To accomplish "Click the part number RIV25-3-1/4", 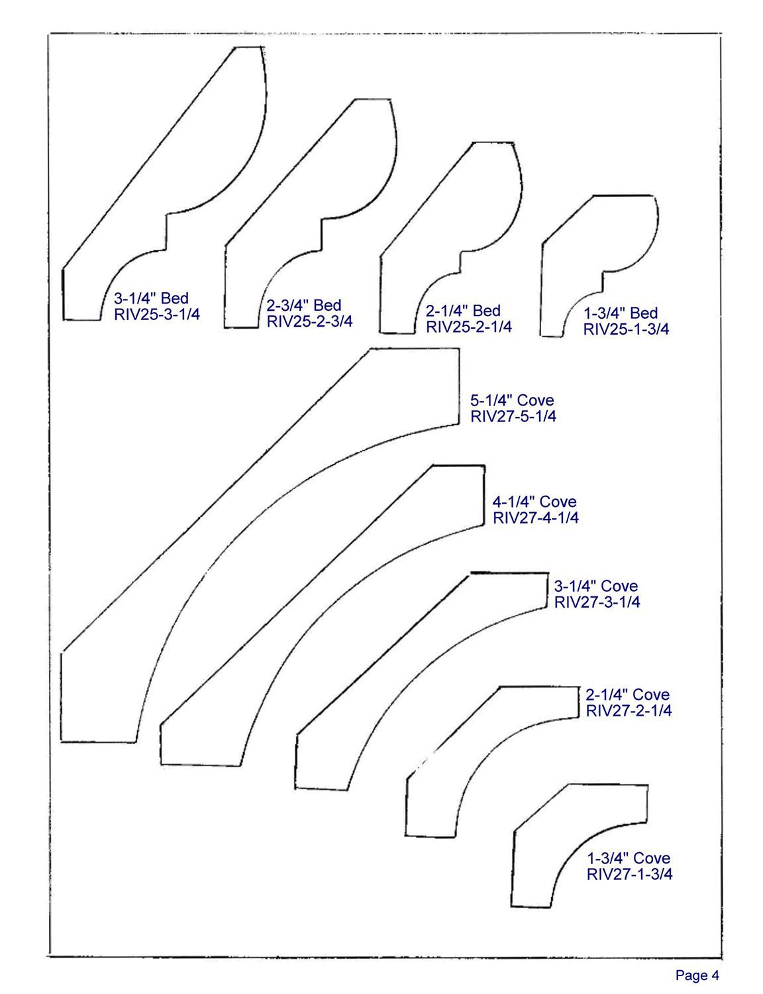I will point(156,314).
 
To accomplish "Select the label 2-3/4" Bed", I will point(304,305).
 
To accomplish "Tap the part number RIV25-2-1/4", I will point(468,327).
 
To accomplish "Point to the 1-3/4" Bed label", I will point(621,313).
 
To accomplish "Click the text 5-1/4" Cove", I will point(512,400).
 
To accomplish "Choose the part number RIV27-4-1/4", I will point(535,518).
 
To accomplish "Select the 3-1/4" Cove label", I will point(596,586).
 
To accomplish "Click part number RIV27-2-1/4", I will point(629,711).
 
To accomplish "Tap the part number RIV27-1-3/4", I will point(629,874).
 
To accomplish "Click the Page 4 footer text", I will point(697,975).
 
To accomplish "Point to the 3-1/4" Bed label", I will point(152,298).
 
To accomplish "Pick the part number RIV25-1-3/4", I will point(626,329).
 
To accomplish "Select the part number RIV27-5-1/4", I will point(513,417).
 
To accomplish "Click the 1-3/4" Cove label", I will point(629,858).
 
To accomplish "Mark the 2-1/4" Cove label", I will point(627,694).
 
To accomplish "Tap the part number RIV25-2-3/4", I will point(309,321).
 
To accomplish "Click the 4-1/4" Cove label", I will point(534,502).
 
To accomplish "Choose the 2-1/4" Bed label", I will point(463,311).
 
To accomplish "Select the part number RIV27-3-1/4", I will point(597,602).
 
